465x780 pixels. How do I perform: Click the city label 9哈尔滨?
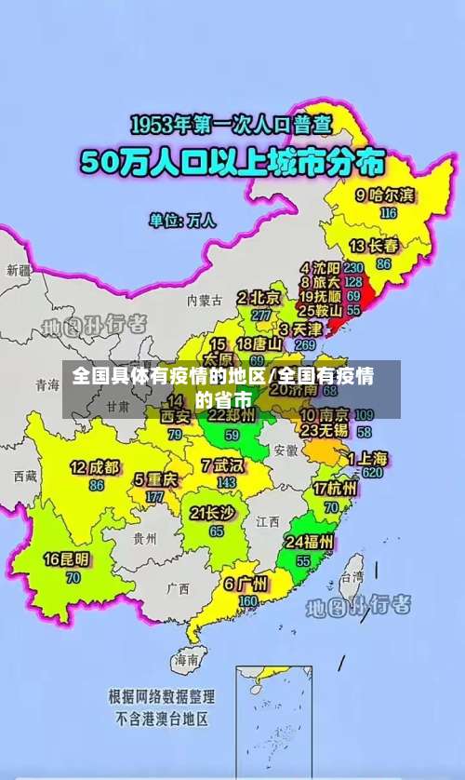point(386,195)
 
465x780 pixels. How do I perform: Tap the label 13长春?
point(375,247)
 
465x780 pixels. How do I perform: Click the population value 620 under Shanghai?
point(373,473)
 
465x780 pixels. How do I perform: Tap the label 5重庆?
point(155,480)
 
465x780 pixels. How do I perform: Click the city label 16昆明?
point(67,560)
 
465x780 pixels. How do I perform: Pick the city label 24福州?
point(309,543)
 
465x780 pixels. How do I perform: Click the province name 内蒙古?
point(205,301)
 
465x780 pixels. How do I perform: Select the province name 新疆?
point(19,270)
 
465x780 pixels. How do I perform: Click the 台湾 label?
point(352,577)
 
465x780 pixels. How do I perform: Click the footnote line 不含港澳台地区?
point(162,719)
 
